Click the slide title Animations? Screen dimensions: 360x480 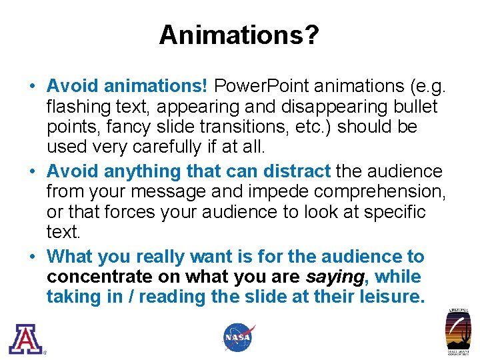click(239, 35)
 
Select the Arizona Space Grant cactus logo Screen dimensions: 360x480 click(458, 333)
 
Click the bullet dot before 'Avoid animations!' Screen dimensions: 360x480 click(32, 87)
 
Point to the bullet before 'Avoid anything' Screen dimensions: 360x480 click(32, 171)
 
